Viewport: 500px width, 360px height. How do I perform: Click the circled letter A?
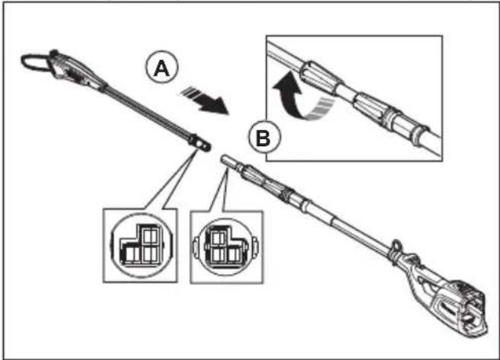pyautogui.click(x=162, y=67)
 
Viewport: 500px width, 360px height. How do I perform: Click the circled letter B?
pyautogui.click(x=264, y=138)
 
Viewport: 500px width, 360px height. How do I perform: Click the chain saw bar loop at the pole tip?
pyautogui.click(x=34, y=62)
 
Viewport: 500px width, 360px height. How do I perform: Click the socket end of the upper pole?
pyautogui.click(x=200, y=143)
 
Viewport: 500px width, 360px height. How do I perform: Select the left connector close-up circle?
pyautogui.click(x=142, y=246)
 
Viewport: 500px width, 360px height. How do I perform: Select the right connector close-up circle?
pyautogui.click(x=226, y=247)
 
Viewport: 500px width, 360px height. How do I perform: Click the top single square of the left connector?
pyautogui.click(x=150, y=236)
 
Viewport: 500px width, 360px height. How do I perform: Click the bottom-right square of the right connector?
pyautogui.click(x=234, y=254)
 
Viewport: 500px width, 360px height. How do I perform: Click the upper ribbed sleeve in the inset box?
pyautogui.click(x=320, y=78)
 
